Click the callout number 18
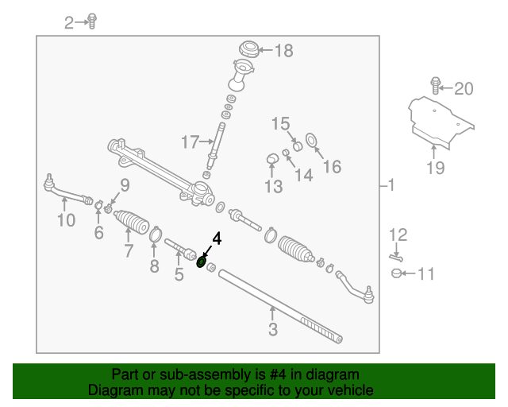click(x=283, y=51)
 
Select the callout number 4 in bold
click(x=216, y=238)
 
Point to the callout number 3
click(x=272, y=329)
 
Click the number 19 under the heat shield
click(x=434, y=168)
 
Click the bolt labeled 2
click(x=93, y=21)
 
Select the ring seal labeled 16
click(x=312, y=142)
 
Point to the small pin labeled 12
click(x=396, y=255)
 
